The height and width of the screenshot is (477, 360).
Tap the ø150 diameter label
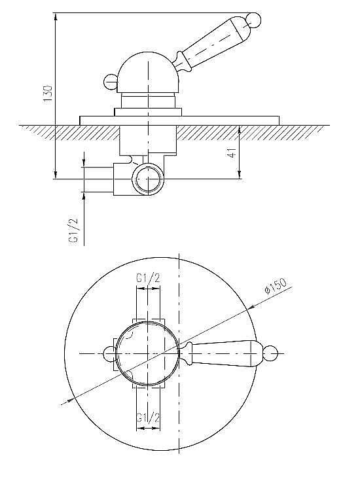click(276, 287)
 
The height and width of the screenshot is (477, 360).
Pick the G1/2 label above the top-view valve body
click(148, 279)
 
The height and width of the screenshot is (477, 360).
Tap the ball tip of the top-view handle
click(269, 353)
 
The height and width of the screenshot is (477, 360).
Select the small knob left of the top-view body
click(109, 353)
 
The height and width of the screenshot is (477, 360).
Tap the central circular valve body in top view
click(148, 353)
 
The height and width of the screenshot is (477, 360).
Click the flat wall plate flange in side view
click(180, 120)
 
